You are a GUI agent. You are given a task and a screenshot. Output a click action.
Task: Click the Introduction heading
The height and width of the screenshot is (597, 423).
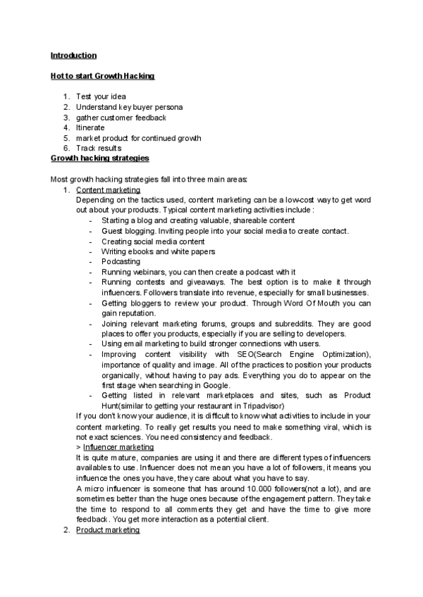point(73,55)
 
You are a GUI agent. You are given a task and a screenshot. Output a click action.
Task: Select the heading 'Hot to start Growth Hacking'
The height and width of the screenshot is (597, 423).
point(102,75)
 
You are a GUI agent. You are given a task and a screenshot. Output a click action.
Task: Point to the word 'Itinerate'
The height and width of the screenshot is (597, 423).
point(90,127)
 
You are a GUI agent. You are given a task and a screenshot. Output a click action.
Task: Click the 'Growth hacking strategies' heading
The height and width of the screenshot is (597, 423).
point(99,158)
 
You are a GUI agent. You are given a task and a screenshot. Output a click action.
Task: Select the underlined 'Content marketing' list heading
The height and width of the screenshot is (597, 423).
point(108,190)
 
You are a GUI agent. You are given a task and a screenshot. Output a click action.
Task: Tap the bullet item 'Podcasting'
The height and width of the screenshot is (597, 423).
point(121,261)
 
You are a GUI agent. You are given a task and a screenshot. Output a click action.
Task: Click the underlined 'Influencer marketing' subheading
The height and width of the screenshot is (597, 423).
point(118,446)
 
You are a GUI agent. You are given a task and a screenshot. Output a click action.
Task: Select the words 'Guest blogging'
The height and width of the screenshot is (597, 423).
point(128,231)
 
